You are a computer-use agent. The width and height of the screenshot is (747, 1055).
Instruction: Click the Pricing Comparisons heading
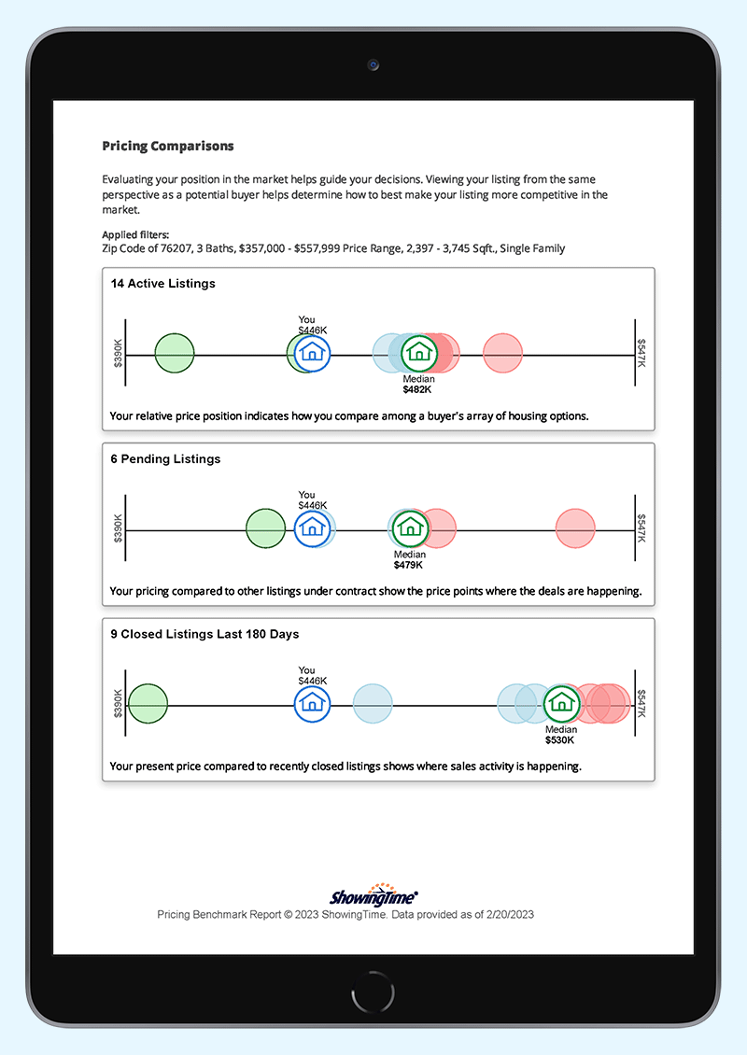click(x=168, y=147)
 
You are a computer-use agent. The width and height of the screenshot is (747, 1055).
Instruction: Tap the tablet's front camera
click(x=373, y=65)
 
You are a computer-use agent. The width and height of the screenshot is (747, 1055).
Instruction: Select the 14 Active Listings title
click(x=162, y=284)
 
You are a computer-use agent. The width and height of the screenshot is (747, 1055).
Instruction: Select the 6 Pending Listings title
click(x=165, y=459)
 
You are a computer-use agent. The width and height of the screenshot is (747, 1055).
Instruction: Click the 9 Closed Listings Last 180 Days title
click(x=204, y=634)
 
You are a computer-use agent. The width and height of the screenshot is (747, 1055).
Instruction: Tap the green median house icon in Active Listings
click(x=419, y=352)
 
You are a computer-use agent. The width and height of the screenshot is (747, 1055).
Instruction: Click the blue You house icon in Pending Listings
click(x=312, y=528)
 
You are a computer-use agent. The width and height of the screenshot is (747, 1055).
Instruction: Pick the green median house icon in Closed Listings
click(x=561, y=703)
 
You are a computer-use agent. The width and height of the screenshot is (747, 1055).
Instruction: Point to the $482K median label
click(x=417, y=389)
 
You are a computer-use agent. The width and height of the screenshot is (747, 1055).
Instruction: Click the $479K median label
click(x=408, y=565)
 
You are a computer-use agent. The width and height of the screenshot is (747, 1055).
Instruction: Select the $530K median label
click(x=560, y=740)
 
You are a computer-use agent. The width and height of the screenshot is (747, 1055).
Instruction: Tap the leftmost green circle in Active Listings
click(x=174, y=353)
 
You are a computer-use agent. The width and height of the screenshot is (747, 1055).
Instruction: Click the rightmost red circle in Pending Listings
click(x=575, y=528)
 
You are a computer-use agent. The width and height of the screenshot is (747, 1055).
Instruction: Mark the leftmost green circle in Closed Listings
click(x=148, y=703)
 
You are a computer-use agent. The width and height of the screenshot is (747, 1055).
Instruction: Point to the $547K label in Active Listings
click(x=641, y=353)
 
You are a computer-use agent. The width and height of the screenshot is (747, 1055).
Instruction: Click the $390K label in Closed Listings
click(x=118, y=704)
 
